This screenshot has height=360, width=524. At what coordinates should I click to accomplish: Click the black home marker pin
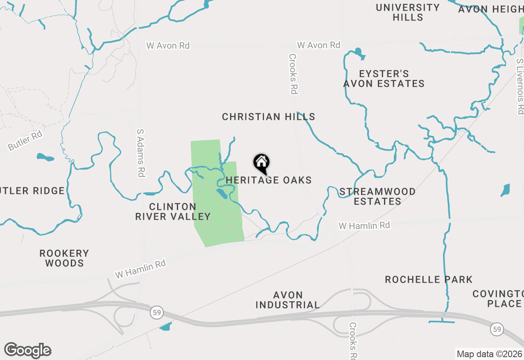pyautogui.click(x=261, y=163)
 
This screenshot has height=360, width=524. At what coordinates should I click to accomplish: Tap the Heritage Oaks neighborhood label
pyautogui.click(x=269, y=180)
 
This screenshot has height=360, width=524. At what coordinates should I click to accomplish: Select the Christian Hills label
pyautogui.click(x=269, y=117)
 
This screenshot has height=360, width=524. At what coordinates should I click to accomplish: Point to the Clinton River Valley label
pyautogui.click(x=173, y=211)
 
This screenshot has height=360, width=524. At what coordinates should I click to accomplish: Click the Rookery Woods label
pyautogui.click(x=64, y=258)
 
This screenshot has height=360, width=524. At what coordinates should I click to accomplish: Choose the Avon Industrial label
pyautogui.click(x=287, y=300)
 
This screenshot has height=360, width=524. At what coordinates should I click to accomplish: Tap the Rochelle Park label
pyautogui.click(x=429, y=280)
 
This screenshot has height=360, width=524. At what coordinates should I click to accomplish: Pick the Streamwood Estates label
pyautogui.click(x=377, y=196)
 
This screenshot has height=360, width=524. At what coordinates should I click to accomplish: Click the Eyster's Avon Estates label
pyautogui.click(x=384, y=79)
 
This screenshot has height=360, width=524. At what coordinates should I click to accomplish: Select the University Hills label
pyautogui.click(x=408, y=12)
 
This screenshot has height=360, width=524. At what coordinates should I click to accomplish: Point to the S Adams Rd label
pyautogui.click(x=141, y=152)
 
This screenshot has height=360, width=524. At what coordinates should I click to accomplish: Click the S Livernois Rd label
pyautogui.click(x=520, y=86)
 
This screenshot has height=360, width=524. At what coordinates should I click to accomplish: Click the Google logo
pyautogui.click(x=28, y=351)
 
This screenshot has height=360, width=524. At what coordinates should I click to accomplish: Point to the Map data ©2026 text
pyautogui.click(x=489, y=354)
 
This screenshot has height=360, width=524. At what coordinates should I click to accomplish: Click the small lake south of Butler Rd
pyautogui.click(x=45, y=157)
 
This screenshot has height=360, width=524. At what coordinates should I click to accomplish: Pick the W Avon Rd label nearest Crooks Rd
pyautogui.click(x=318, y=45)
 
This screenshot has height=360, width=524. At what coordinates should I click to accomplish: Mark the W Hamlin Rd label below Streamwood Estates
pyautogui.click(x=364, y=225)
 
